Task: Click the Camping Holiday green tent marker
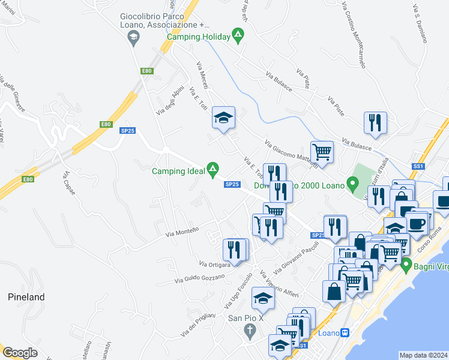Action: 238,36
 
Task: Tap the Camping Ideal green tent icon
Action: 212,171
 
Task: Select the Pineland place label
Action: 26,297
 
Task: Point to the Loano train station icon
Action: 345,333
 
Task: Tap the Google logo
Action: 20,353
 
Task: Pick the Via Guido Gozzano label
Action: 199,278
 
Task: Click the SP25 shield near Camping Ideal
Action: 233,184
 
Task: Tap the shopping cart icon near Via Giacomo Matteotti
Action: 322,152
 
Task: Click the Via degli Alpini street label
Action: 170,100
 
